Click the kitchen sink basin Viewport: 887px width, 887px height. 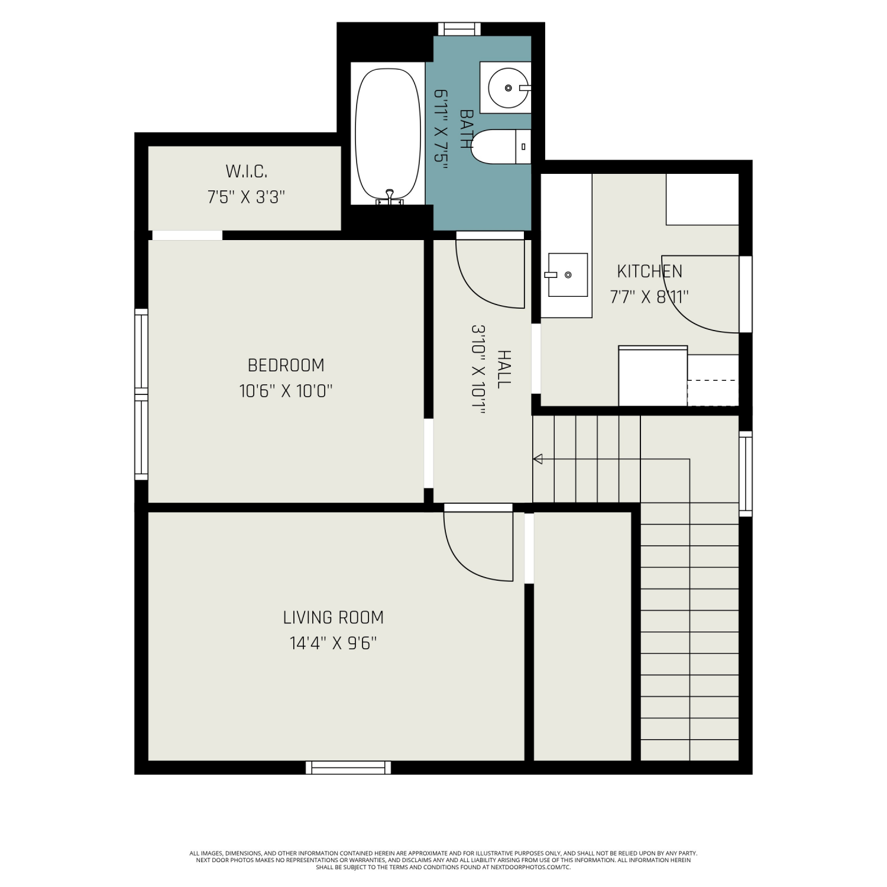568,275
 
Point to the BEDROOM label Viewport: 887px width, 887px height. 286,365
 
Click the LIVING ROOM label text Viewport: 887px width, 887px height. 334,617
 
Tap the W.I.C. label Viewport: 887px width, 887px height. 247,171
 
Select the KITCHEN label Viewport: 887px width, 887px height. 650,271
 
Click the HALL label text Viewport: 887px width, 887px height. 503,369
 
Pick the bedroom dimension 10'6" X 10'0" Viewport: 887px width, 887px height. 286,391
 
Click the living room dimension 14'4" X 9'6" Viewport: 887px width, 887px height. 334,643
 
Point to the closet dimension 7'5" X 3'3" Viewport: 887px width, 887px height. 247,197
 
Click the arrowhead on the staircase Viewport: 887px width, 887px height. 538,459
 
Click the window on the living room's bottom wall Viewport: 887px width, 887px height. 348,768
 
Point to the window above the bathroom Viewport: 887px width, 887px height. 459,29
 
